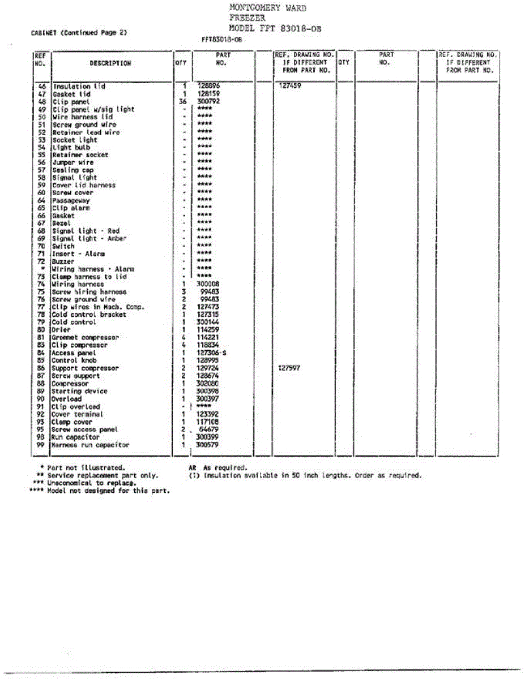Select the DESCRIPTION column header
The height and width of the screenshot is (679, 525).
coord(110,63)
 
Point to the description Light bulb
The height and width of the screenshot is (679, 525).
coord(71,148)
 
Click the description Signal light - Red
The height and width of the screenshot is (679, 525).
coord(86,231)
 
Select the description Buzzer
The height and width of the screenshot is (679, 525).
coord(63,262)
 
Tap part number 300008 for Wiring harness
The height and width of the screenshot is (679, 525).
coord(207,285)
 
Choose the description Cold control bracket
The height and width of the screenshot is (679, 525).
coord(89,315)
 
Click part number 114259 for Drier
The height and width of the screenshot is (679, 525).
coord(207,330)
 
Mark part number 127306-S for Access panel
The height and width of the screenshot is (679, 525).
coord(210,353)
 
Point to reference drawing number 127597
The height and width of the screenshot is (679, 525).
coord(289,368)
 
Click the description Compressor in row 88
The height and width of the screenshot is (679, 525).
coord(70,384)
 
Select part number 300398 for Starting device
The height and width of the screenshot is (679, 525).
coord(207,392)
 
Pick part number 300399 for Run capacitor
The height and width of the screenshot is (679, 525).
coord(207,437)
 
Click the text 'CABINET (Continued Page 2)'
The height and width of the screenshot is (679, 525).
coord(79,33)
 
